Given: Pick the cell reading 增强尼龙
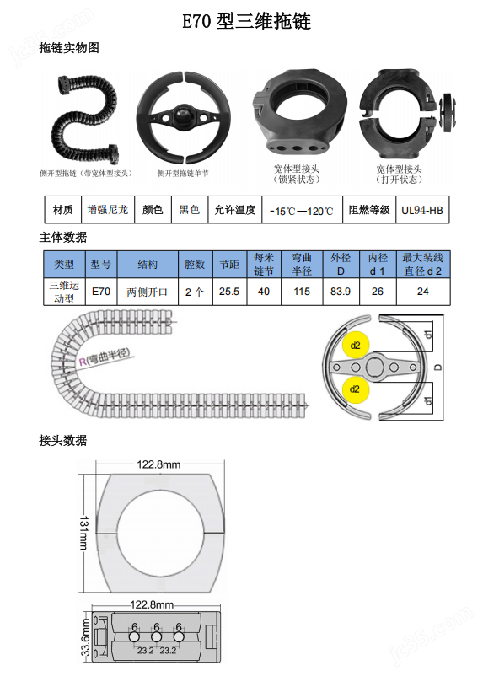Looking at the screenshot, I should tap(108, 209).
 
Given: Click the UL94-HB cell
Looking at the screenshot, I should tap(421, 210).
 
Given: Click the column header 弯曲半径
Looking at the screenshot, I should tap(302, 264).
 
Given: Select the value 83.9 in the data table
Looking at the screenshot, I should tap(341, 292).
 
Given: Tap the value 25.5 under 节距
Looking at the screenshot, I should tap(228, 292).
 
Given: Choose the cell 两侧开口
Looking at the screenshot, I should tap(148, 292).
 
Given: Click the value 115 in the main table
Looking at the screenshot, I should tap(302, 292).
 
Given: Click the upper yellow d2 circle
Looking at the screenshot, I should tap(355, 346).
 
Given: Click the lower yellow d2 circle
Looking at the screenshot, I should tap(355, 389).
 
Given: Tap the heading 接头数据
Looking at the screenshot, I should tap(63, 440).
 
